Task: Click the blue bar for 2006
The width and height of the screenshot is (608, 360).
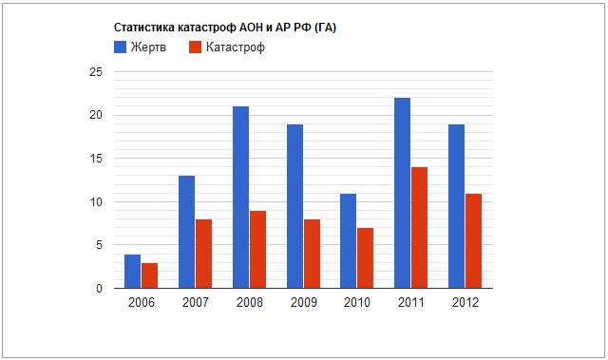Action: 132,272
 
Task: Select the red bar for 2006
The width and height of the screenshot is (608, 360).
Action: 149,275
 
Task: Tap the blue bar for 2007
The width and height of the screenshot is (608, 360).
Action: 186,232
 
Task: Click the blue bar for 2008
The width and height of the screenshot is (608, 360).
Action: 240,198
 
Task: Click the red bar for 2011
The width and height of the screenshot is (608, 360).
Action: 420,228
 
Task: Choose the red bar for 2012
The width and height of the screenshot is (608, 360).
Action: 474,241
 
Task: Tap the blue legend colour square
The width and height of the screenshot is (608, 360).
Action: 121,47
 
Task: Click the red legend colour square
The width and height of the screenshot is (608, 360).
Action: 195,47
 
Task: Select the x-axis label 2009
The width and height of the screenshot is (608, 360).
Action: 303,302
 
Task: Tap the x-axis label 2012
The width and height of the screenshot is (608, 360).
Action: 465,302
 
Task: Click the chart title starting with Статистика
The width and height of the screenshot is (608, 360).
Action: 225,28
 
